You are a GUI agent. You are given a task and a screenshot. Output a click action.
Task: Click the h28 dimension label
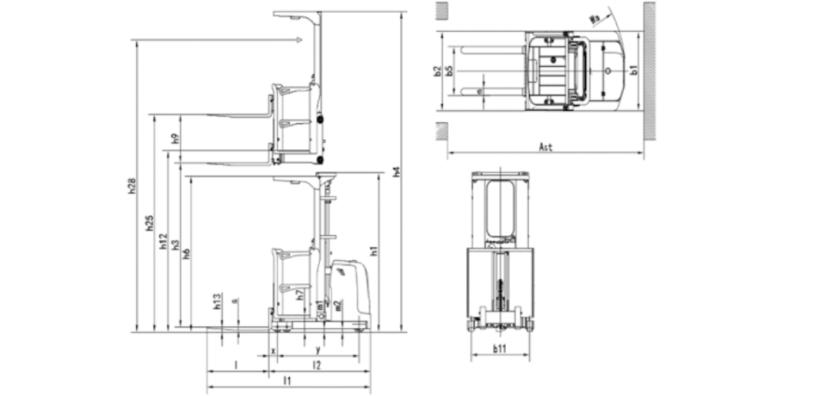coord(132,186)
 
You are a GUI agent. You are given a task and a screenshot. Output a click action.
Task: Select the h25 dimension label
coord(149,222)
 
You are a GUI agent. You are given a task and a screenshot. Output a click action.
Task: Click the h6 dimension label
coord(187,253)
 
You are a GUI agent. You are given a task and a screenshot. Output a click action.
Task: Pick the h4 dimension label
coord(397,171)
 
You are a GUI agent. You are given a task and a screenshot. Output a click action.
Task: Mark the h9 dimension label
coord(175,138)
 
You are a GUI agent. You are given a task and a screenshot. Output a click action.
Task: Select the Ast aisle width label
coord(545,147)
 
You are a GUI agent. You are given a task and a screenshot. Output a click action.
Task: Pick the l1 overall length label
coord(287,380)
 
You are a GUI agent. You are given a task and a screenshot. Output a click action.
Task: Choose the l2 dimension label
coord(316,366)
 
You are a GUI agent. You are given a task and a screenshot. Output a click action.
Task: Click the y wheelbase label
coord(319,350)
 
